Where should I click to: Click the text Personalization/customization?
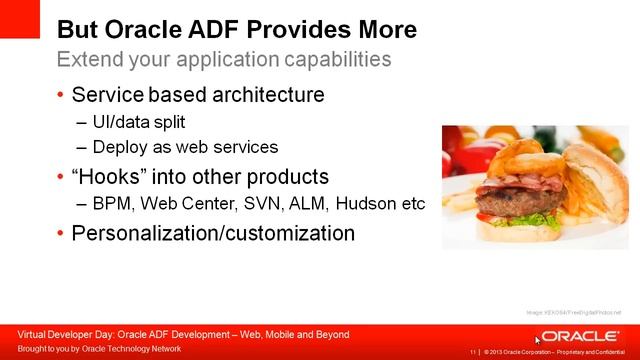point(215,234)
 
